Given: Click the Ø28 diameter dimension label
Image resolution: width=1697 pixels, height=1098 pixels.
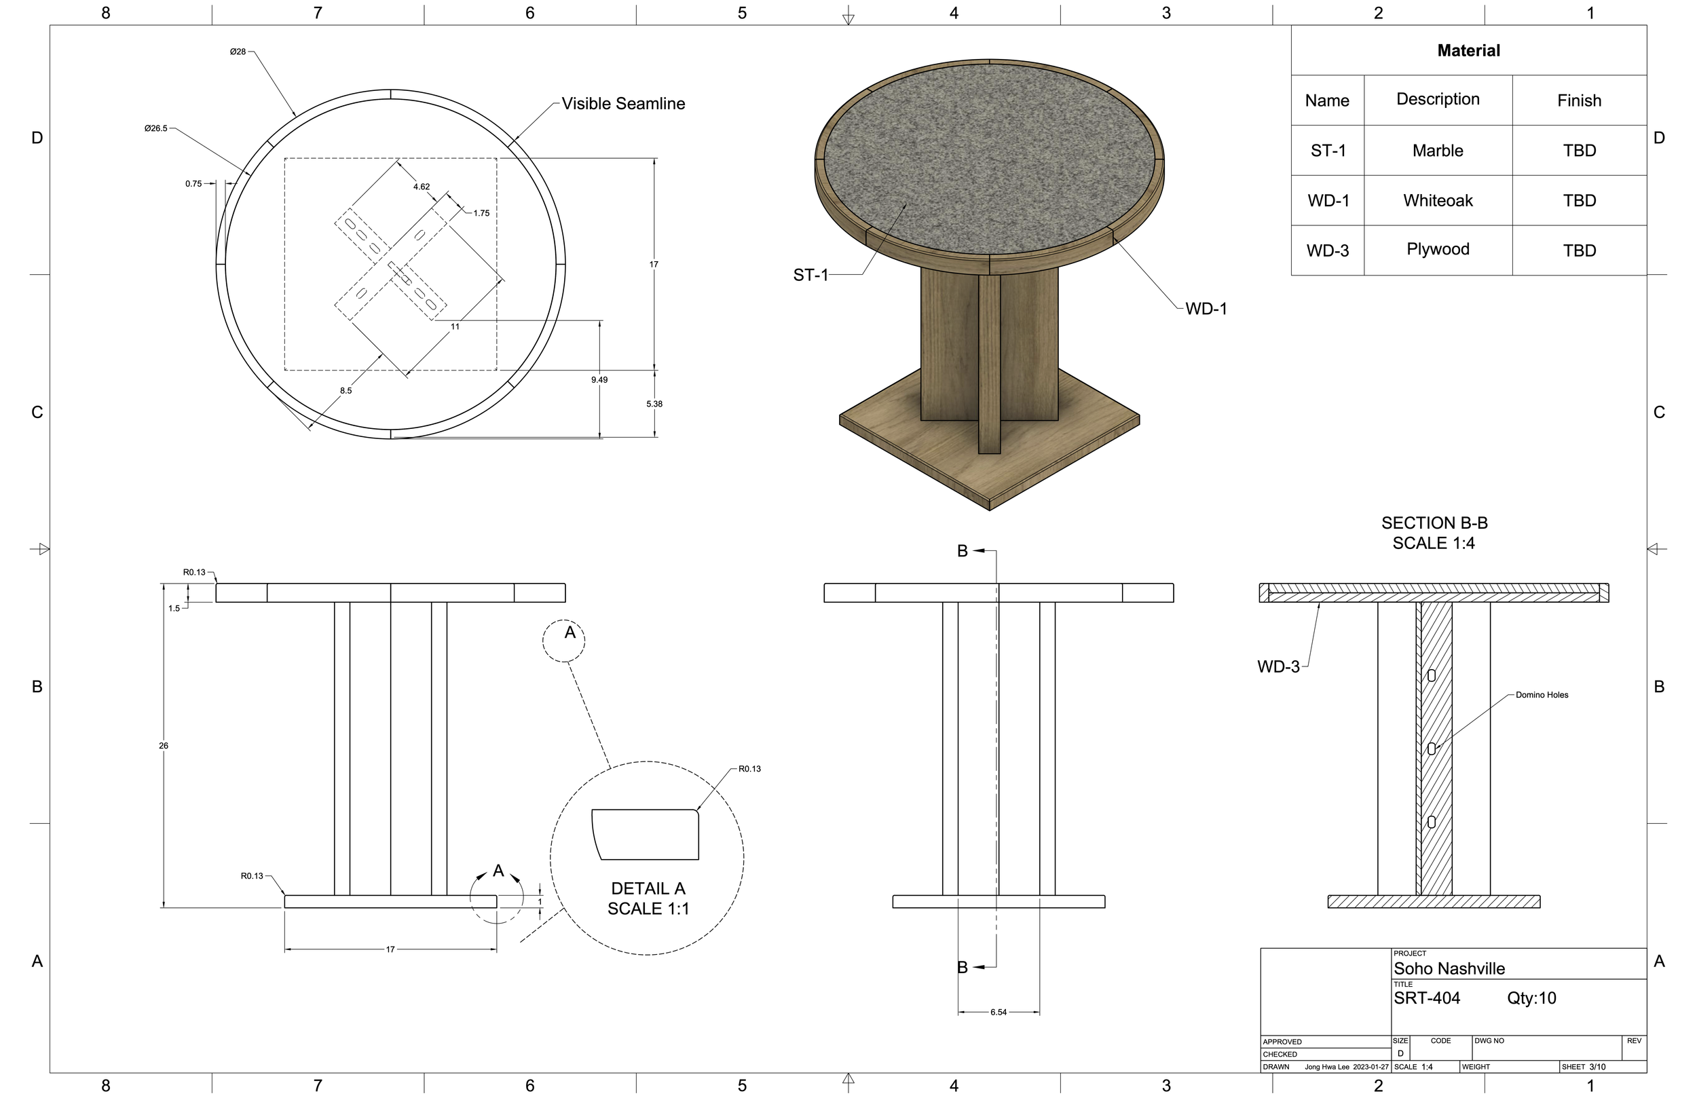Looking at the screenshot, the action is click(x=238, y=52).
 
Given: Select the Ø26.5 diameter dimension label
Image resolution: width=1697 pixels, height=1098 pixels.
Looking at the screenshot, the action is click(x=155, y=128).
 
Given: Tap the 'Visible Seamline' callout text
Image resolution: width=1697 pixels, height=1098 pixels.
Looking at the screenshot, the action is click(x=623, y=103).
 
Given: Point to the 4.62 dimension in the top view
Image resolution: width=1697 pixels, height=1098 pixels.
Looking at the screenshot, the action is click(x=422, y=187).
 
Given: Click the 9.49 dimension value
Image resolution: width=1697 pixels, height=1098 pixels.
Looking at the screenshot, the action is click(x=599, y=380).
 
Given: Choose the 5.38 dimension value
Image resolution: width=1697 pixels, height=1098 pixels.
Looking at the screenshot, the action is click(x=654, y=404).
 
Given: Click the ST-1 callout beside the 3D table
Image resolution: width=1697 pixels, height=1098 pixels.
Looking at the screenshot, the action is click(x=810, y=276).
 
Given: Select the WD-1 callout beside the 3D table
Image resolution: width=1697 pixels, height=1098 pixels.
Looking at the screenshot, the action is click(x=1206, y=309).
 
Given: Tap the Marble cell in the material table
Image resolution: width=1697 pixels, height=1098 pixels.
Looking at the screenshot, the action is click(x=1438, y=151).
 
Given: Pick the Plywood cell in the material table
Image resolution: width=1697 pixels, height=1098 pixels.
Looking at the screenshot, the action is click(x=1438, y=249).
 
